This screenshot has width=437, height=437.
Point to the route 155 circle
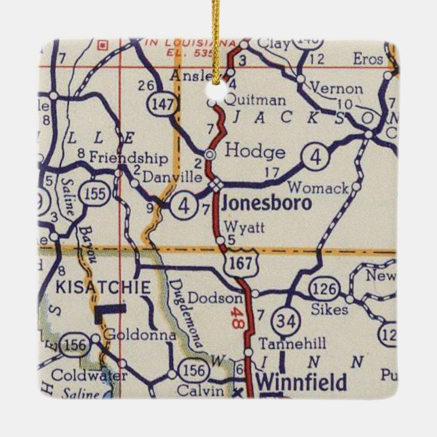(94, 193)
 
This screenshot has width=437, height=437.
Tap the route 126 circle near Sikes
(324, 290)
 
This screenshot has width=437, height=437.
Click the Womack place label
(318, 187)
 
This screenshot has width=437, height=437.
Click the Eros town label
(368, 60)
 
